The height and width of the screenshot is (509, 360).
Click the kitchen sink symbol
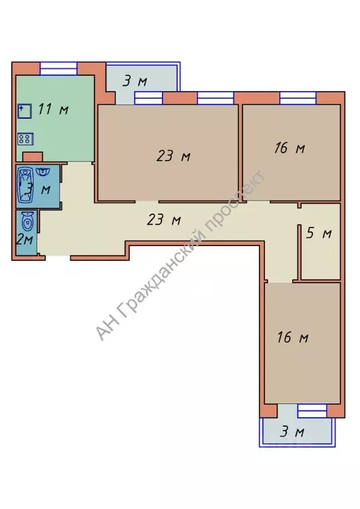tap(25, 111)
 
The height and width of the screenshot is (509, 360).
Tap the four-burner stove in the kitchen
tap(25, 139)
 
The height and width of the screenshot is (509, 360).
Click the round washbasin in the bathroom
tap(43, 171)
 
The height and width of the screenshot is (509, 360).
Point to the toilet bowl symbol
tap(27, 223)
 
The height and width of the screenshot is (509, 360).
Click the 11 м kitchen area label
tap(53, 109)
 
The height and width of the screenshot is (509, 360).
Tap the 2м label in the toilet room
tap(25, 240)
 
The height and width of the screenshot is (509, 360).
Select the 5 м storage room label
tap(319, 233)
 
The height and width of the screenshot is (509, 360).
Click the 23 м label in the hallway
tap(164, 220)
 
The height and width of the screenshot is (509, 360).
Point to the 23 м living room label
tap(173, 157)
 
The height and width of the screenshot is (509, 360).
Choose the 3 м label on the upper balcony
tap(135, 81)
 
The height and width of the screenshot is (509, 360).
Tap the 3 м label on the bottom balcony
tap(292, 432)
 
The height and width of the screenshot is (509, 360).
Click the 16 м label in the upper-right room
tap(290, 148)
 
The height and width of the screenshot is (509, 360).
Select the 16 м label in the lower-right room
tap(292, 337)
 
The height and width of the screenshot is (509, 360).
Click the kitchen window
tap(58, 68)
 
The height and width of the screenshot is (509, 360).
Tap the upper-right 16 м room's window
tap(298, 98)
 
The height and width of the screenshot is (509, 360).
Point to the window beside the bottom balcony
tap(312, 411)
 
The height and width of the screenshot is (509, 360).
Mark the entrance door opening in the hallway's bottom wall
tap(58, 257)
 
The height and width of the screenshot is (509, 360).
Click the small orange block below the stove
tap(33, 157)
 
